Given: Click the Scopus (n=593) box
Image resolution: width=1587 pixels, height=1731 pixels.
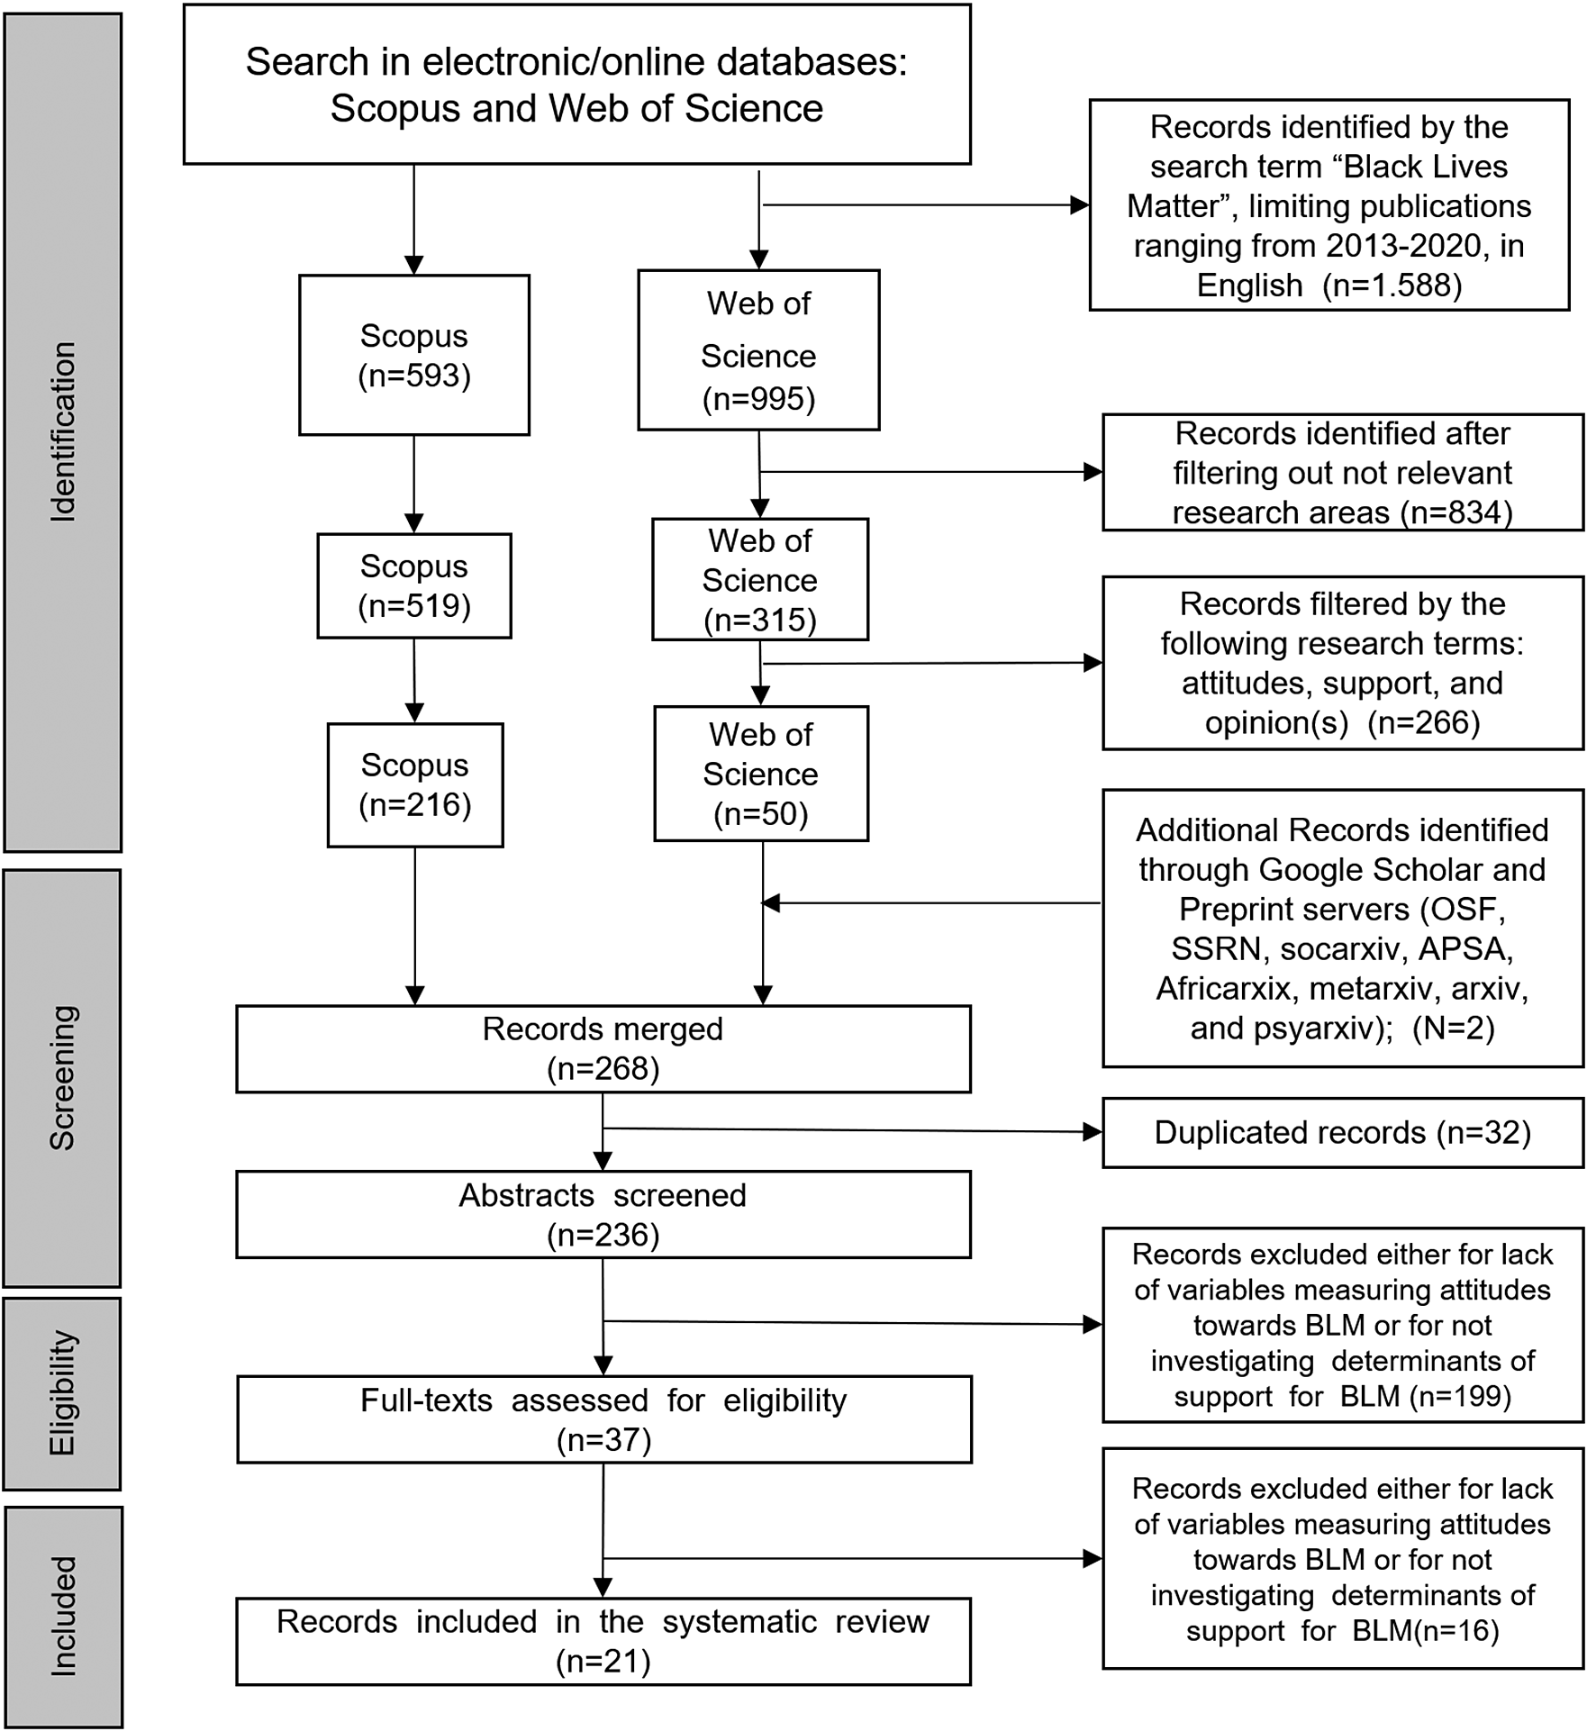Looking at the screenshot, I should pyautogui.click(x=414, y=355).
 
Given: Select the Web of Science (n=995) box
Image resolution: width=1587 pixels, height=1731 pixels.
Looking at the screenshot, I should pyautogui.click(x=758, y=350).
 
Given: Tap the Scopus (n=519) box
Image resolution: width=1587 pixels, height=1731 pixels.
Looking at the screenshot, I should pyautogui.click(x=414, y=585).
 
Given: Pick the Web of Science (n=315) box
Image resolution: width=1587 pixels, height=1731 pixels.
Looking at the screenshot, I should pyautogui.click(x=759, y=579).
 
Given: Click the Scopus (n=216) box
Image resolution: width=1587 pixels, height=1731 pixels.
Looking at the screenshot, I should pyautogui.click(x=415, y=784).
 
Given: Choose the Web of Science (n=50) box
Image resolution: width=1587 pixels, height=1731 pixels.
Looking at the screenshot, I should pyautogui.click(x=760, y=774).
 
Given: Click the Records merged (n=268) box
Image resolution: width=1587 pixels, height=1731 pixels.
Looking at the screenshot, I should pyautogui.click(x=603, y=1048).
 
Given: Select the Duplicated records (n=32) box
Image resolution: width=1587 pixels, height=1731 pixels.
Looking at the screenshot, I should pyautogui.click(x=1342, y=1132).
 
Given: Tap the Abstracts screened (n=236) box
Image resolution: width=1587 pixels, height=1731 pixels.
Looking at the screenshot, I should pyautogui.click(x=603, y=1214).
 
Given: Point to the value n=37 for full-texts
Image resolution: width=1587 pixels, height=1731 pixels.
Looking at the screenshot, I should pyautogui.click(x=603, y=1440).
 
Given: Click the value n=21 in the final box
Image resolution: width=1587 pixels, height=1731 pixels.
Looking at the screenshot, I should pyautogui.click(x=603, y=1661).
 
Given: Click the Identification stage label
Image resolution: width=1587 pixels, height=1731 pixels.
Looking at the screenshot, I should pyautogui.click(x=62, y=431).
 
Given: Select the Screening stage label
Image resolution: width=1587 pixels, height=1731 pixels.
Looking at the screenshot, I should pyautogui.click(x=62, y=1077).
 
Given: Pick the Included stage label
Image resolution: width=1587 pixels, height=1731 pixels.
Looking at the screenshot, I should pyautogui.click(x=62, y=1616).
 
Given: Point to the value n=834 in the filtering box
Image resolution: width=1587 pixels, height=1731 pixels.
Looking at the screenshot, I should pyautogui.click(x=1456, y=512).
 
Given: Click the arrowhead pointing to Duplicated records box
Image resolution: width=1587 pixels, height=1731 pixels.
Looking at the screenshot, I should pyautogui.click(x=1093, y=1132).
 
